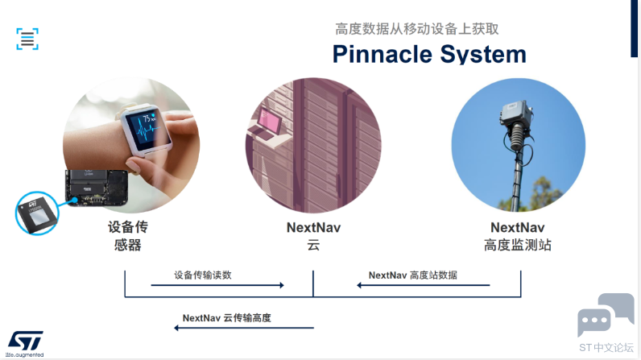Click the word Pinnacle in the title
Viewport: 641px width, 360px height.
(x=383, y=54)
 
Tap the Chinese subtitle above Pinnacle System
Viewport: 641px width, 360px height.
(x=417, y=29)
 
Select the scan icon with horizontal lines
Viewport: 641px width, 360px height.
(x=27, y=39)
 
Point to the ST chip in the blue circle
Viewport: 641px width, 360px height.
(x=37, y=213)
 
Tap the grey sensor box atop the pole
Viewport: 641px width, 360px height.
(x=515, y=113)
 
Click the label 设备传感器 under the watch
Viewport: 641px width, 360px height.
(x=128, y=236)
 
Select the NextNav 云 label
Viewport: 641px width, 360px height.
(x=313, y=236)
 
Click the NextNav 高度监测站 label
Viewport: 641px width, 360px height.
(x=518, y=236)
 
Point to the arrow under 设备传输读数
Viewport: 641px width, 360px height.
(x=217, y=285)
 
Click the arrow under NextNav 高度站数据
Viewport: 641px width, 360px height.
(x=423, y=285)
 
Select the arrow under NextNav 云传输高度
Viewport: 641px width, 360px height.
(x=244, y=328)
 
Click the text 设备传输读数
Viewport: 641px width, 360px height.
(x=203, y=275)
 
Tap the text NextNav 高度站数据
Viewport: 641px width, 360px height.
(x=413, y=275)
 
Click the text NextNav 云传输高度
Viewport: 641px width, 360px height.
(x=226, y=318)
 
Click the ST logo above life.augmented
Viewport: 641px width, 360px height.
(x=25, y=341)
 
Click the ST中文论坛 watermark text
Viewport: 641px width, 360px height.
(x=606, y=348)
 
